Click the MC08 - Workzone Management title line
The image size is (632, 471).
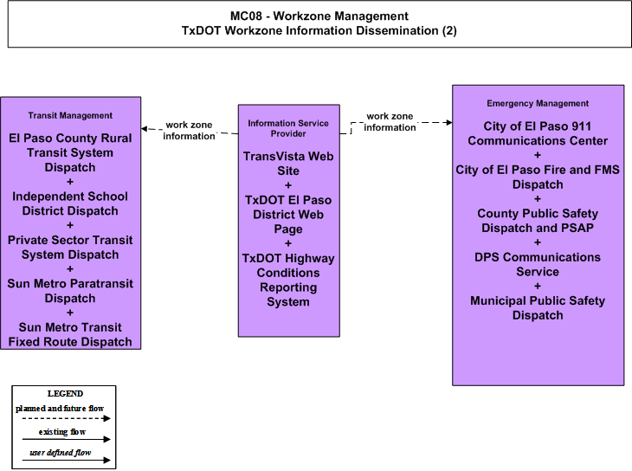click(x=319, y=16)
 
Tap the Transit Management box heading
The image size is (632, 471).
click(x=70, y=116)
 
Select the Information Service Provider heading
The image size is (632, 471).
click(x=288, y=128)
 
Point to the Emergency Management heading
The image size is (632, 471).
click(x=538, y=104)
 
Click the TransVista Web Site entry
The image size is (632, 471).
click(x=288, y=164)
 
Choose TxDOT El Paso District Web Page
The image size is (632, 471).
click(x=288, y=215)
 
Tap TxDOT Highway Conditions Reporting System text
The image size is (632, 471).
click(x=288, y=280)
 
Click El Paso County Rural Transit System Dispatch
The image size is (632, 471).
click(x=70, y=152)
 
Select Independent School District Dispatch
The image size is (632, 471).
click(x=70, y=203)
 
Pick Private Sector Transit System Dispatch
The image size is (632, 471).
click(x=70, y=248)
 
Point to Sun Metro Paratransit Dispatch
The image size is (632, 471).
click(x=70, y=291)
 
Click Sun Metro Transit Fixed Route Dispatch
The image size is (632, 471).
click(x=70, y=334)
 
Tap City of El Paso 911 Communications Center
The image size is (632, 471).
click(x=538, y=133)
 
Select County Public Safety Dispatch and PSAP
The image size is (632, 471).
click(x=538, y=221)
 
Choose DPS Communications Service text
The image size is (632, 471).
click(x=538, y=264)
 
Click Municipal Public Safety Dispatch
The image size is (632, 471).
click(x=538, y=307)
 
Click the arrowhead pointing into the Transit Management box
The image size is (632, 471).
click(x=144, y=129)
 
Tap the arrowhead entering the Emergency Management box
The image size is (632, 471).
click(x=449, y=122)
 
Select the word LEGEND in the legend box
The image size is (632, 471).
click(x=65, y=394)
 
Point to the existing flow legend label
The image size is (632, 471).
click(x=62, y=432)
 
